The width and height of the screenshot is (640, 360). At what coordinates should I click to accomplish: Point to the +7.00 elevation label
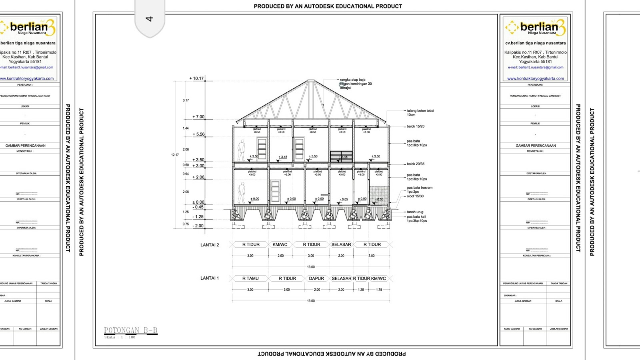click(198, 117)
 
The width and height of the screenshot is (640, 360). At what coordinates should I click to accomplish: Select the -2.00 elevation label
click(198, 226)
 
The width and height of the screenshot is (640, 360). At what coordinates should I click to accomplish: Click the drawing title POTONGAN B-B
click(131, 330)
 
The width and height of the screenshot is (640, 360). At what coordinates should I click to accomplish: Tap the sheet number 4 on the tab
click(150, 19)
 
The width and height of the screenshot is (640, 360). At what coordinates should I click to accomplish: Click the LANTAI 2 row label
click(210, 245)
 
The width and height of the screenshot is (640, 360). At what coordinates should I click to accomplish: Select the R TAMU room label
click(250, 278)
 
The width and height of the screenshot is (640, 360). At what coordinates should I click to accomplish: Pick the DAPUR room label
click(316, 278)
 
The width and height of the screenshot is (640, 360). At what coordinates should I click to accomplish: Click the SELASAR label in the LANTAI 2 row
click(341, 244)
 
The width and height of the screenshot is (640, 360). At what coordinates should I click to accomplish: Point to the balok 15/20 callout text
click(416, 126)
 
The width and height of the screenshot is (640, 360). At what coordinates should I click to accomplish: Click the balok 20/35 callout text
click(416, 164)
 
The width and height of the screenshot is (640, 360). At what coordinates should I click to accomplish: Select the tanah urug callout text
click(415, 212)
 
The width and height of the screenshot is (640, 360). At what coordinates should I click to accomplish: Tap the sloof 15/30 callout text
click(415, 196)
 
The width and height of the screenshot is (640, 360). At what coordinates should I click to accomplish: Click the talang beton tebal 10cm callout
click(420, 113)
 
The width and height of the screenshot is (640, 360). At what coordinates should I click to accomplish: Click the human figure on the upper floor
click(241, 150)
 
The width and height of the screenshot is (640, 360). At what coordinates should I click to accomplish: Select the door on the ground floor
click(275, 191)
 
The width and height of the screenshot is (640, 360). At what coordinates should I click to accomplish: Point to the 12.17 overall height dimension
click(175, 155)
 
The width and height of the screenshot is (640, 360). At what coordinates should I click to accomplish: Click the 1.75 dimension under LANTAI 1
click(379, 290)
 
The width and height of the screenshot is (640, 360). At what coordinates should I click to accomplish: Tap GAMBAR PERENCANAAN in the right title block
click(536, 146)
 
